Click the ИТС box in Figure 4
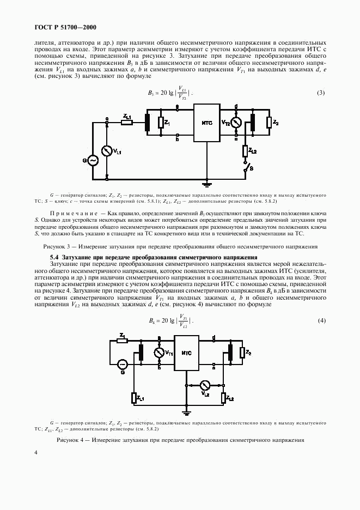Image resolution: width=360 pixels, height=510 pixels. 186,353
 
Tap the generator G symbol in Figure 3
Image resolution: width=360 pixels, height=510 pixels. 91,160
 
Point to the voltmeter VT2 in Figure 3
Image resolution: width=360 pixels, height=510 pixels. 236,123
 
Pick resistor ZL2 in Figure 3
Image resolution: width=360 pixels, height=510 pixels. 245,150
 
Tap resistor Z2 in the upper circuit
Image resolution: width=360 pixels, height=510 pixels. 269,123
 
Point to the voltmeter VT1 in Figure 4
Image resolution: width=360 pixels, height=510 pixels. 159,353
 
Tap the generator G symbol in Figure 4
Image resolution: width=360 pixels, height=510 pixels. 123,363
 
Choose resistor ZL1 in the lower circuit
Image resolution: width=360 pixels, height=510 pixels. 133,398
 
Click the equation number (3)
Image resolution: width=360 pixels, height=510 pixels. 321,93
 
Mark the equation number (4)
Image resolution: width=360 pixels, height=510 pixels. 321,321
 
